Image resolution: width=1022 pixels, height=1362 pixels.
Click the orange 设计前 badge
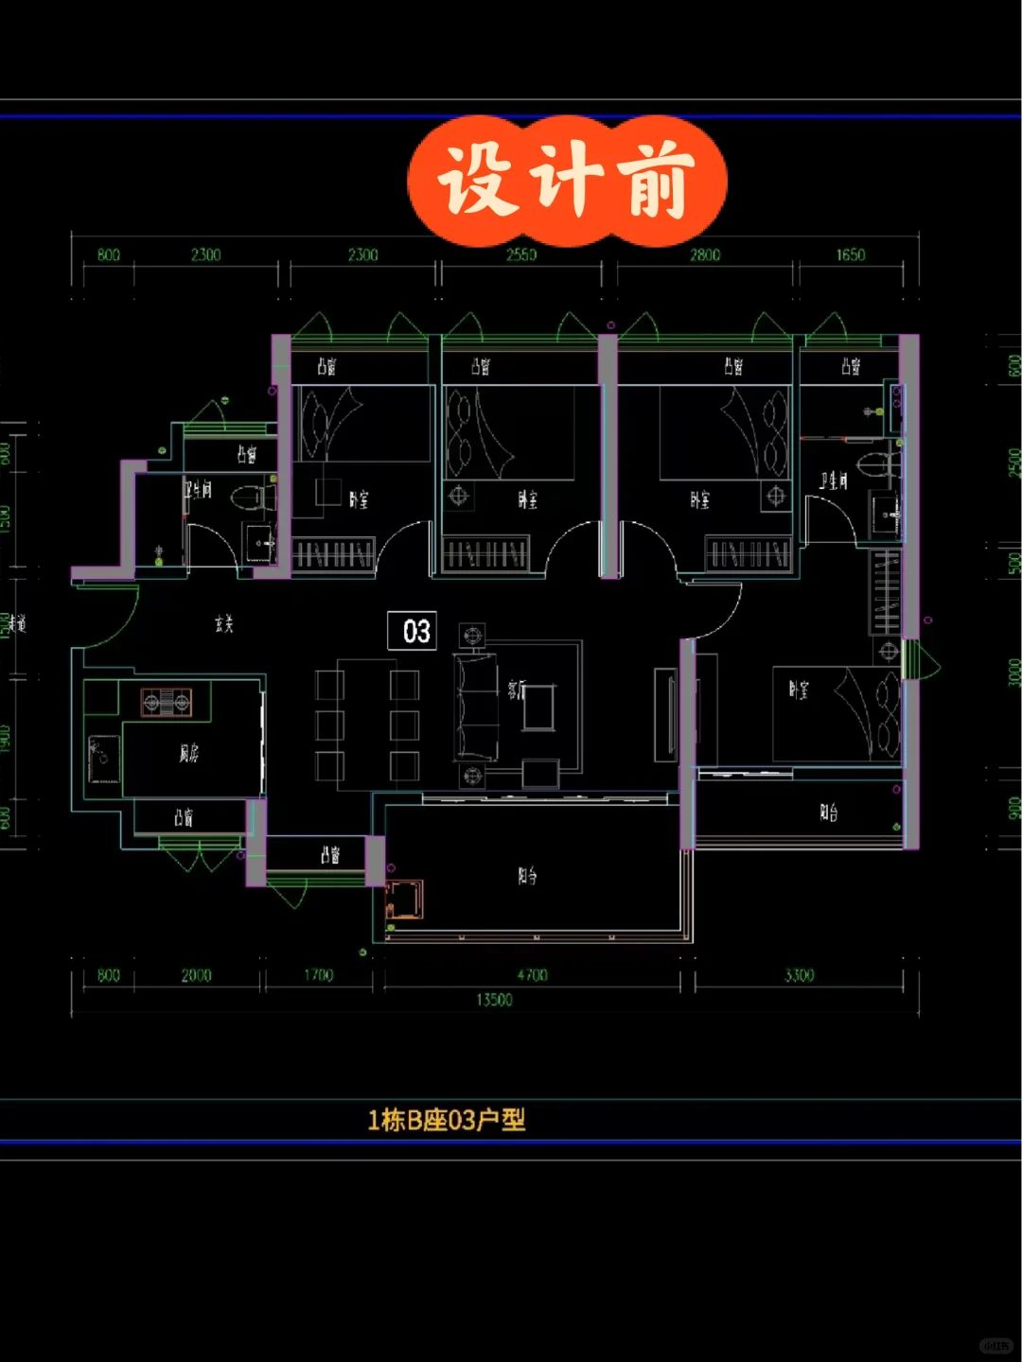coord(566,180)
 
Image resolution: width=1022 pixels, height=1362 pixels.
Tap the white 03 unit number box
coord(413,631)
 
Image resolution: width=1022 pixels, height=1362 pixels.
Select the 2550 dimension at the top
coord(520,254)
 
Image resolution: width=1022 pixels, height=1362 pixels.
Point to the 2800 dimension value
coord(704,254)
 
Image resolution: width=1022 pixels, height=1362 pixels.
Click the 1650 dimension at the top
coord(850,254)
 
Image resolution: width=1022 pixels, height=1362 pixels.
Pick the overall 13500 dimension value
coord(494,1000)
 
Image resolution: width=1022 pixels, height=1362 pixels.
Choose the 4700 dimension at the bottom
coord(532,975)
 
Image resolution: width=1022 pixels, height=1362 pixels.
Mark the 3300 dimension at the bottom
coord(799,975)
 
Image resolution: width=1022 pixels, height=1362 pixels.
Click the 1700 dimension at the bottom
coord(318,975)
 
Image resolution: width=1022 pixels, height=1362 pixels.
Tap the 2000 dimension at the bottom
coord(196,975)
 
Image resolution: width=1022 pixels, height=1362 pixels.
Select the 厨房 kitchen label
coord(189,753)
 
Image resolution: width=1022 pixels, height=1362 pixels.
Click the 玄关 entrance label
coord(223,623)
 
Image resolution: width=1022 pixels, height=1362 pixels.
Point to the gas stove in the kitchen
coord(167,702)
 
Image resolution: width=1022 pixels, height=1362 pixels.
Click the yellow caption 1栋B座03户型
coord(446,1120)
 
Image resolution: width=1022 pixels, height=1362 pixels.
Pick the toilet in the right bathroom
coord(875,465)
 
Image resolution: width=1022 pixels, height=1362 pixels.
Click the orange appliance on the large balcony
coord(404,899)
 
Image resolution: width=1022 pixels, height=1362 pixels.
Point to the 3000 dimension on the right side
coord(1013,672)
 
